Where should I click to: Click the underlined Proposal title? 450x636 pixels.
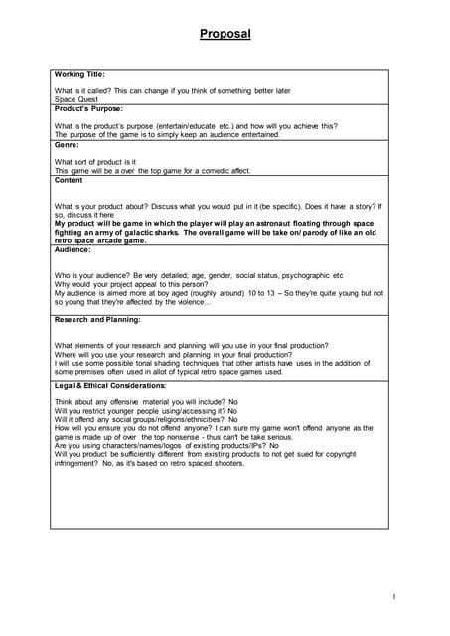[x=225, y=34]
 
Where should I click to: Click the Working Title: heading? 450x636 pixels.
[x=79, y=74]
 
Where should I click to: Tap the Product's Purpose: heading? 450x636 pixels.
[x=88, y=108]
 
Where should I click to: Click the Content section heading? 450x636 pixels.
[x=70, y=179]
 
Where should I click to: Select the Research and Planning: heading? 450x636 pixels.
[x=97, y=320]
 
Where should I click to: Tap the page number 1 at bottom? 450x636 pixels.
[x=394, y=596]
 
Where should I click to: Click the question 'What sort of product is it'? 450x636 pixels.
[x=94, y=161]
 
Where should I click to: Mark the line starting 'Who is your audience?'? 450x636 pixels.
[x=199, y=275]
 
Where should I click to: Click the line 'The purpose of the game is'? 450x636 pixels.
[x=166, y=135]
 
